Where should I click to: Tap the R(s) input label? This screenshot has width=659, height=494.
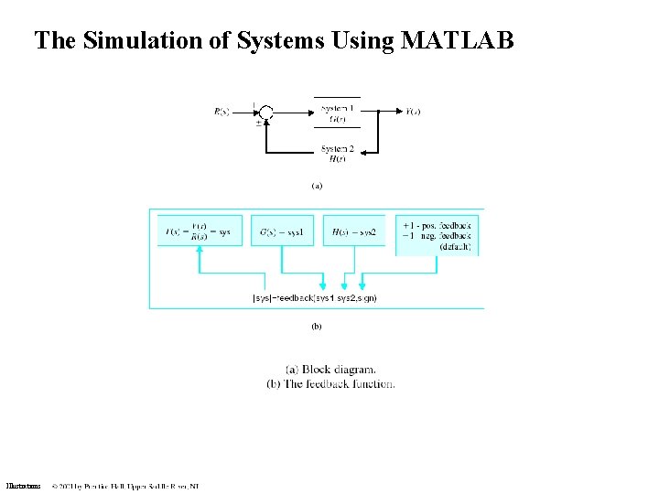pos(221,112)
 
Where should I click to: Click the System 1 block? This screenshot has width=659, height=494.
pos(337,112)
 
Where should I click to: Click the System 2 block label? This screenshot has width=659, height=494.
pos(337,153)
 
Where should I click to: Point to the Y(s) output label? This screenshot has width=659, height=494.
pos(414,112)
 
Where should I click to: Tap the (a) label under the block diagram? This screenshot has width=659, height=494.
pos(317,185)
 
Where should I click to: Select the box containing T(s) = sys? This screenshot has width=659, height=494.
pos(199,232)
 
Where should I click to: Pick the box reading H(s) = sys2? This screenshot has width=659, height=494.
pos(355,232)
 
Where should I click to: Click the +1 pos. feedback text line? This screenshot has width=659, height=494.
pos(436,224)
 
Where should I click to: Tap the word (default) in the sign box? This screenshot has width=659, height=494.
pos(455,247)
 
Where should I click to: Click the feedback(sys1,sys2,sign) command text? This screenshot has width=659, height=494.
pos(314,297)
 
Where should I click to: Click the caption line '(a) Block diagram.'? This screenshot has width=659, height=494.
pos(330,370)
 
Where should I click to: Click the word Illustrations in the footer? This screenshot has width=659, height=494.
pos(23,486)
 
